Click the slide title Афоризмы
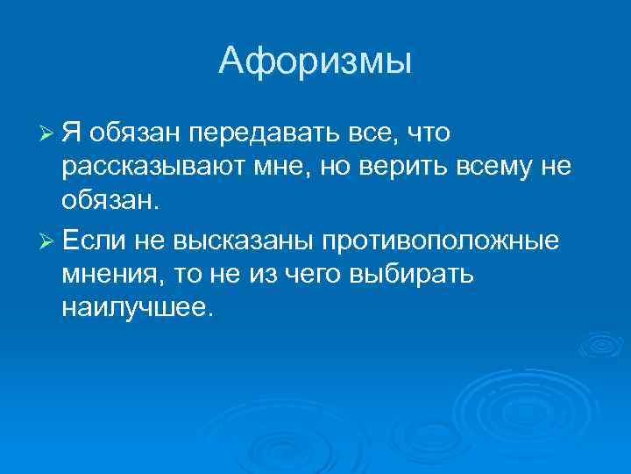pyautogui.click(x=315, y=61)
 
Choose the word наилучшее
pyautogui.click(x=137, y=309)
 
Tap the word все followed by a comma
pyautogui.click(x=366, y=134)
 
